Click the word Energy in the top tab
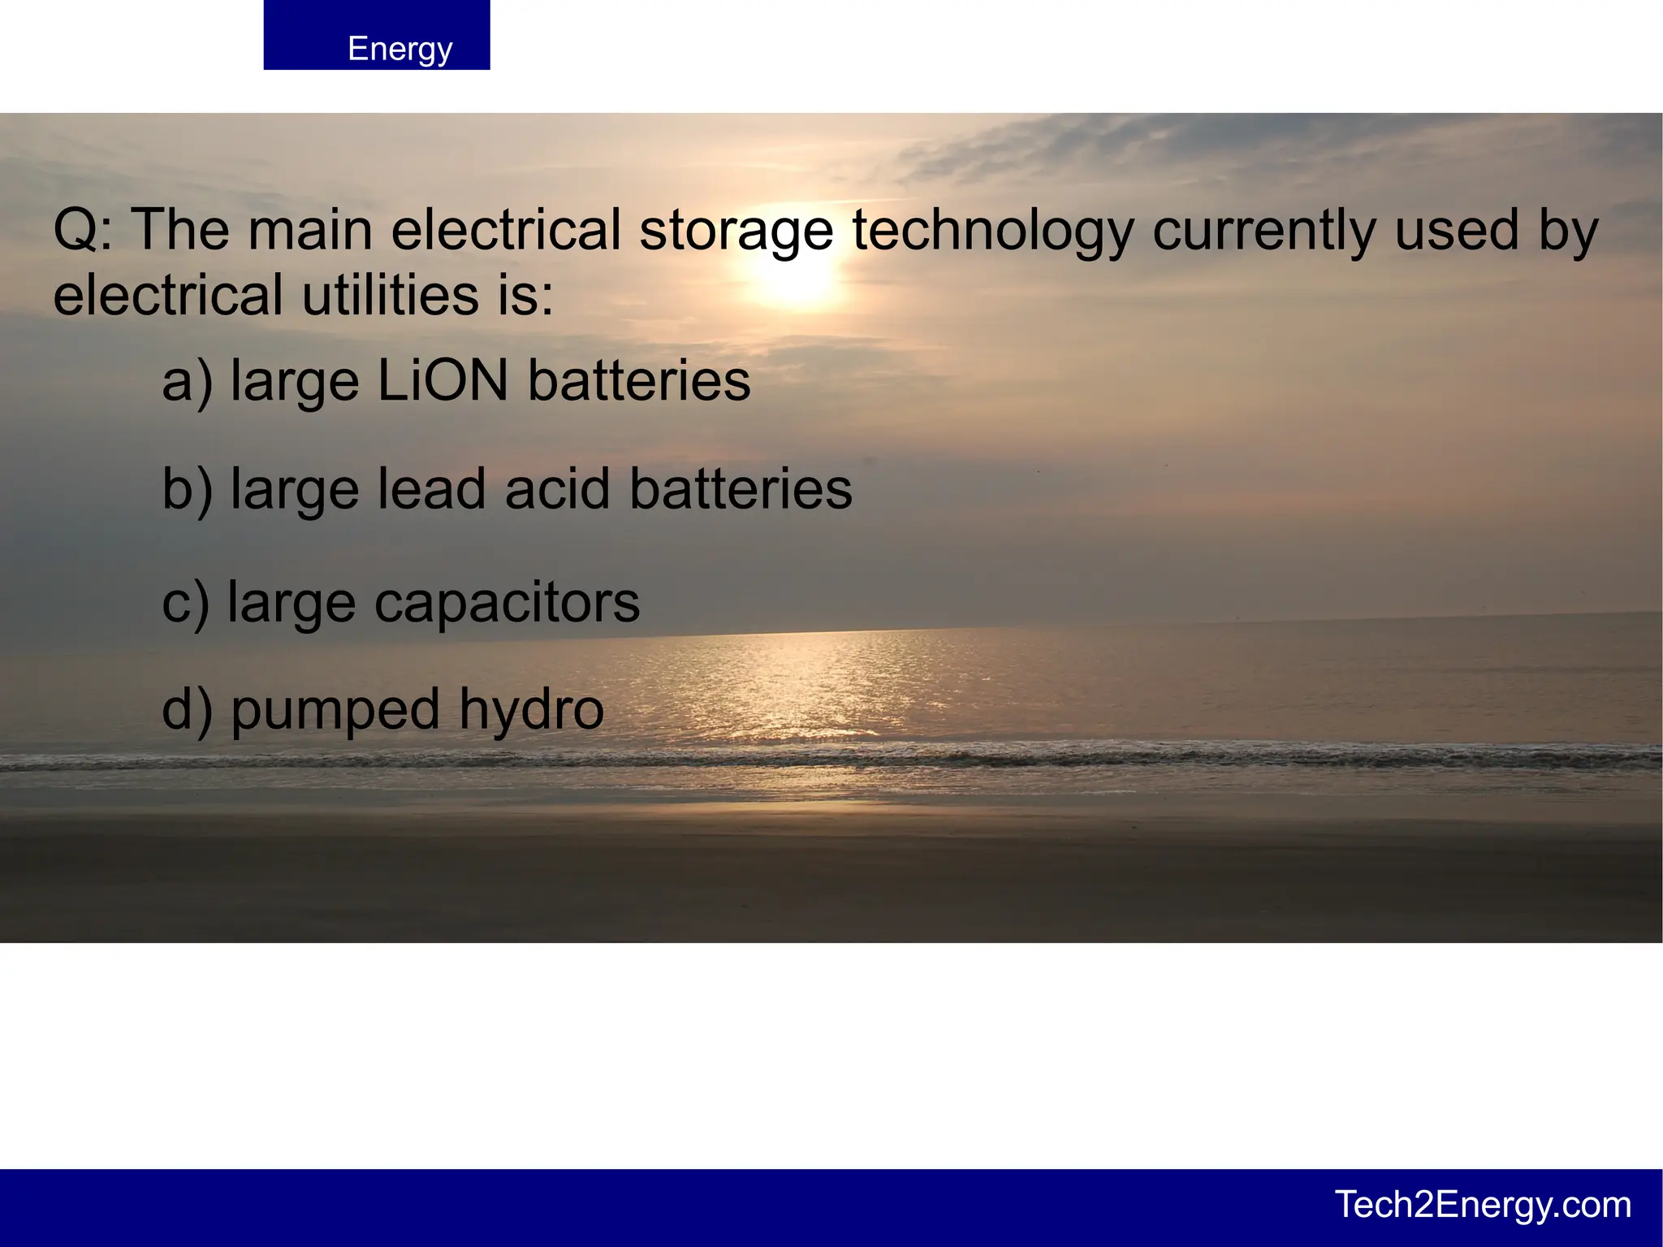pos(400,49)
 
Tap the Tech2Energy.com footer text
pos(1483,1205)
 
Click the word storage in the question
pos(736,231)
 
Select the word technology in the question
pos(993,231)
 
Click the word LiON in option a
pos(443,380)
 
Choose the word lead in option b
pos(431,489)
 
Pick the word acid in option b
pos(557,489)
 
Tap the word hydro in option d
pos(532,710)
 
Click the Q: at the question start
pos(83,231)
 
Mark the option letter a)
pos(187,382)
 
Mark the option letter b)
pos(187,489)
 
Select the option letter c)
pos(185,603)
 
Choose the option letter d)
pos(187,710)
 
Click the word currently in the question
pos(1264,231)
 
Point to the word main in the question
pos(309,231)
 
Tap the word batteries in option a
pos(639,380)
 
